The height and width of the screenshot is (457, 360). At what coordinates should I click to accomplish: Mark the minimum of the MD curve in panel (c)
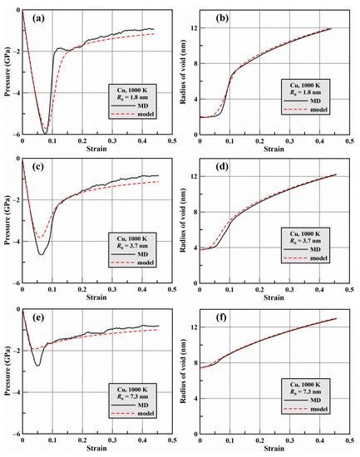[40, 253]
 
